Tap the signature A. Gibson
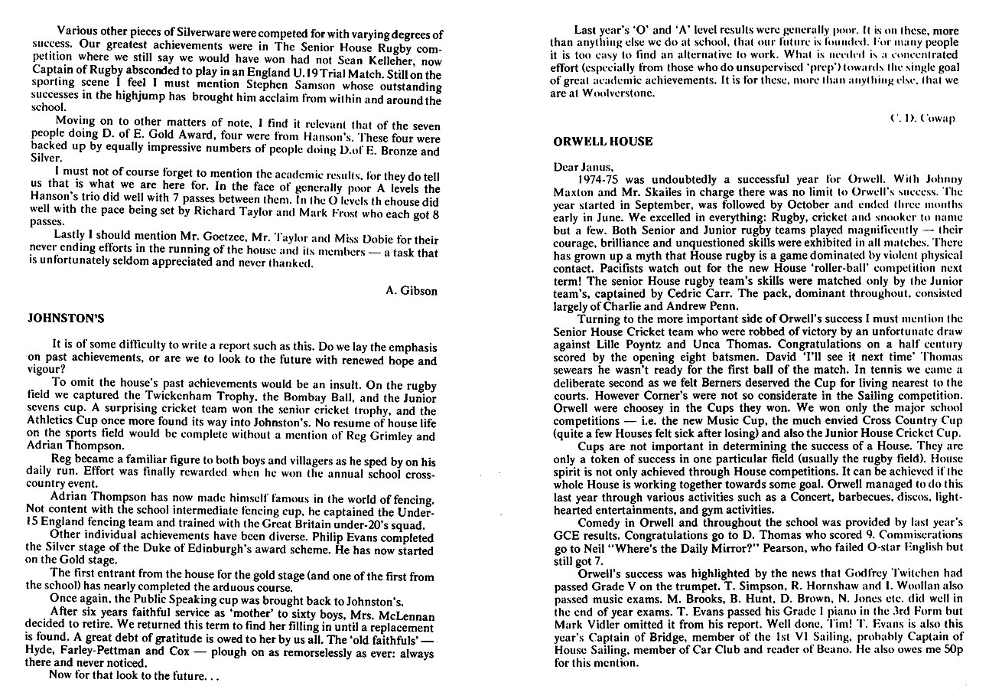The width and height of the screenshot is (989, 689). tap(412, 290)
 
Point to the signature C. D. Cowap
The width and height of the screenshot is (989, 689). tap(923, 118)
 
